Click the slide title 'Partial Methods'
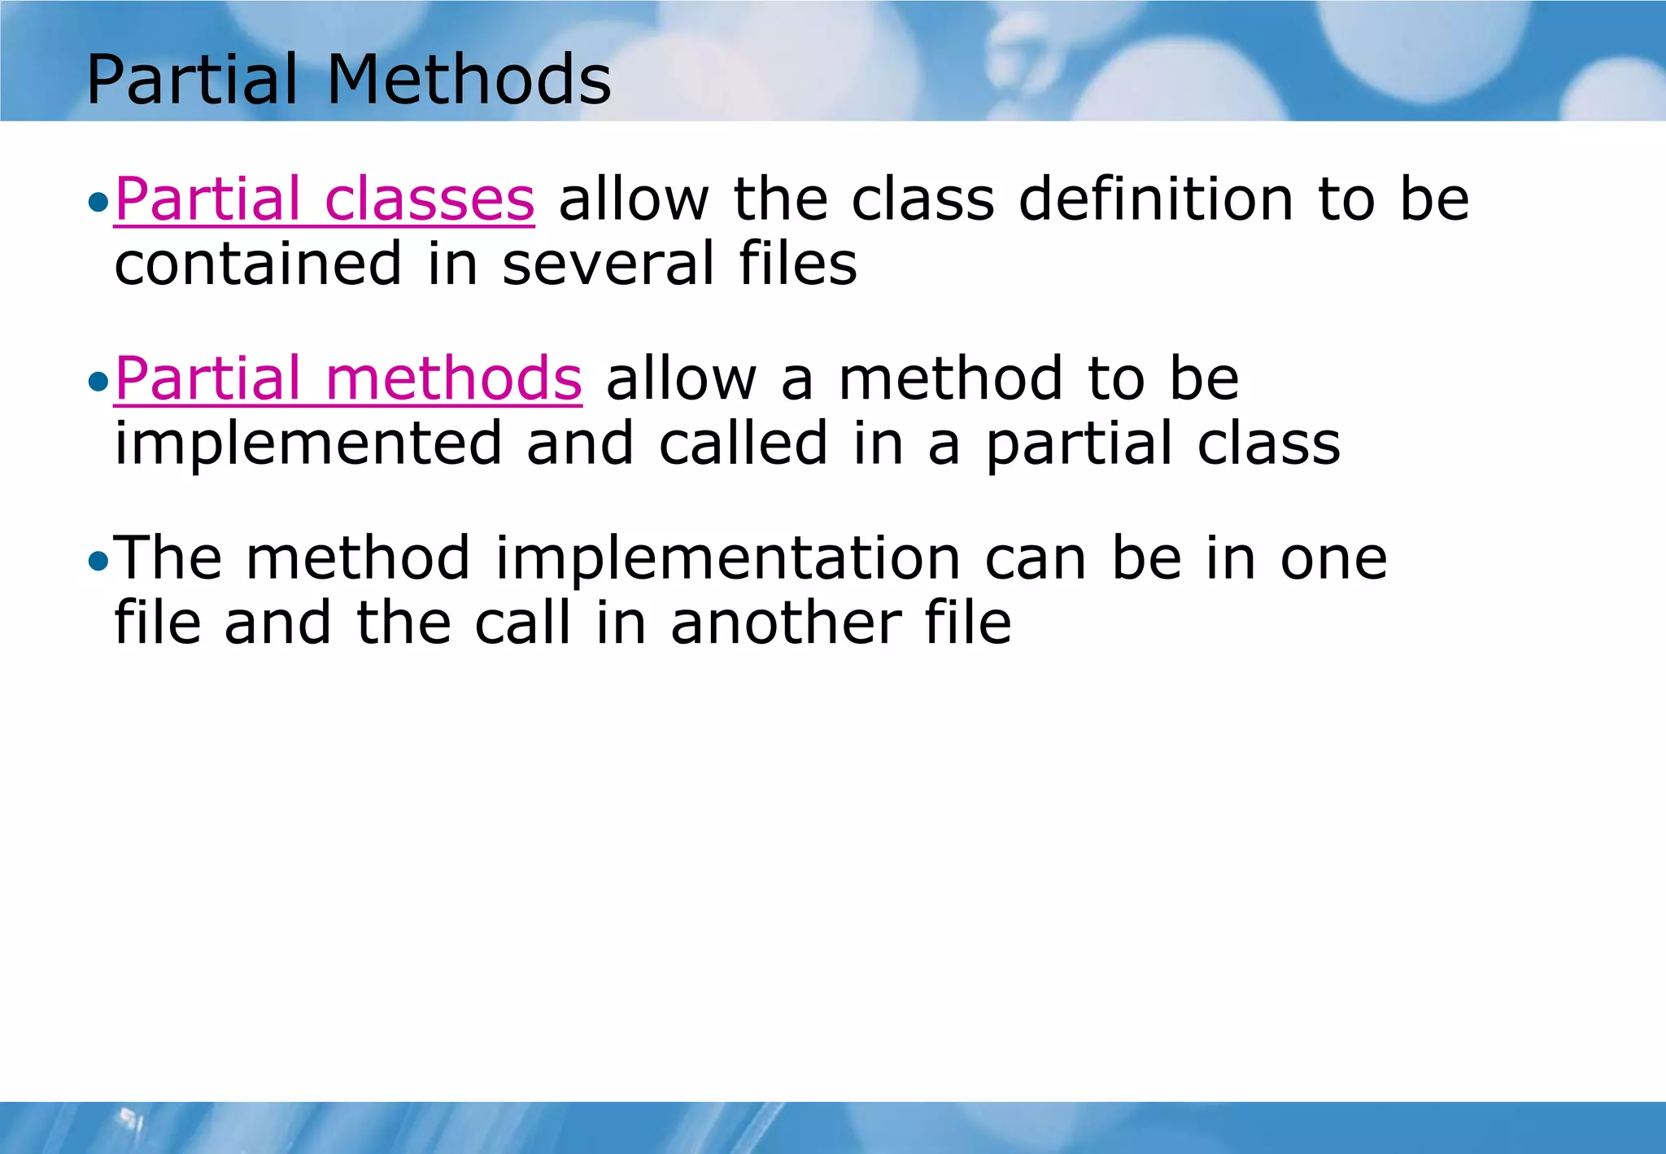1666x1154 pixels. click(x=348, y=79)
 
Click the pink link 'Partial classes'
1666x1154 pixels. click(x=325, y=199)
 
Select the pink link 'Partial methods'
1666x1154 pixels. click(x=348, y=378)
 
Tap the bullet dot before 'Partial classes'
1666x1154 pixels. click(x=98, y=202)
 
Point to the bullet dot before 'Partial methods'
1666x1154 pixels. click(x=98, y=382)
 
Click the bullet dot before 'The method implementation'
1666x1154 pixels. click(x=98, y=561)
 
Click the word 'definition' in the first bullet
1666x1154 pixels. click(x=1156, y=199)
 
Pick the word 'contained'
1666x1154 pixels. click(x=259, y=264)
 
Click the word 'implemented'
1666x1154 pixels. click(x=308, y=444)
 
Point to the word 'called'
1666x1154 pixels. click(x=743, y=444)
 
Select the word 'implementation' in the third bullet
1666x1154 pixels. click(x=728, y=558)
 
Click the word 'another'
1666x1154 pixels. click(x=786, y=623)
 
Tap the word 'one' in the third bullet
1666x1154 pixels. click(x=1334, y=558)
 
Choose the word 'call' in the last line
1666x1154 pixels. click(x=523, y=623)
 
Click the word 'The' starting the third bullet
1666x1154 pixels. click(x=168, y=558)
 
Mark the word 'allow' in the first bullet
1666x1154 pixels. click(x=634, y=199)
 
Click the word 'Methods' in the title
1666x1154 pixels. click(x=469, y=79)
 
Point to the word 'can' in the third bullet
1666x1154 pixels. click(x=1036, y=558)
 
